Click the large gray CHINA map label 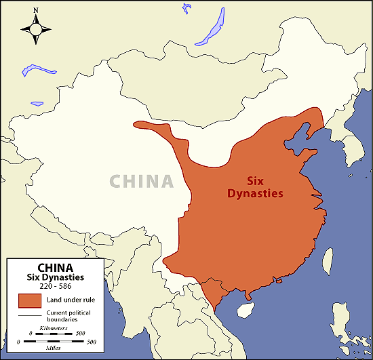coord(142,181)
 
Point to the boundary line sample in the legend coord(31,314)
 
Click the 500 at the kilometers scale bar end coord(80,334)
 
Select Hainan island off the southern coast coord(242,309)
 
